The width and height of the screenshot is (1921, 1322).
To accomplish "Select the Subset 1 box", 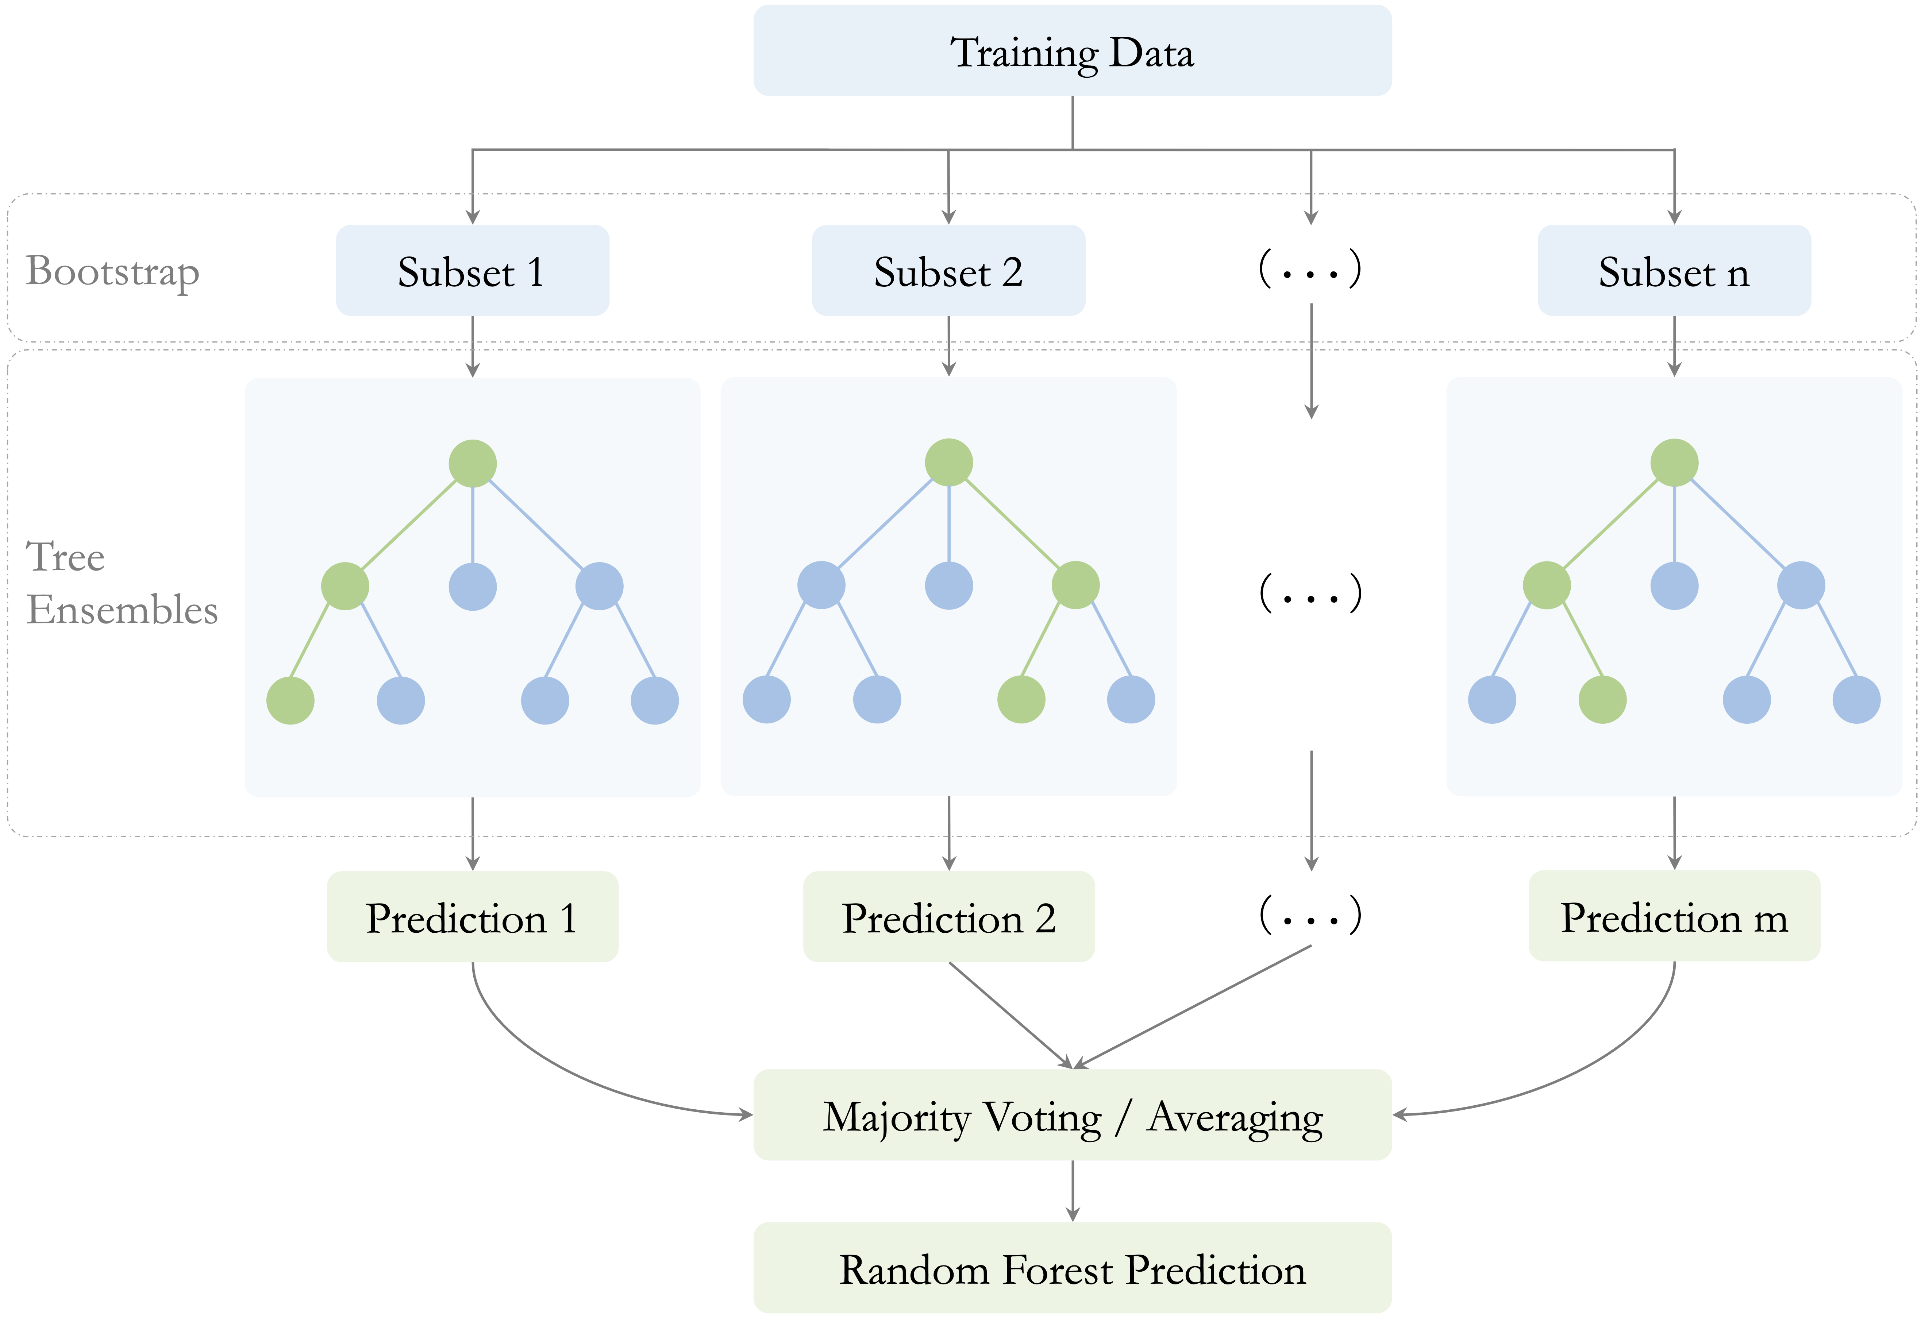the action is point(472,270).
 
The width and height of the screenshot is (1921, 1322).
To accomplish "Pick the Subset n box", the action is point(1674,270).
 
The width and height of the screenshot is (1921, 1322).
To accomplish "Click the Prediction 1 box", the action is point(472,916).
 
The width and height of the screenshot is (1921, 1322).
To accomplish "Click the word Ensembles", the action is point(122,610).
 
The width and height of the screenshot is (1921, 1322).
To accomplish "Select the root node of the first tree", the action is point(472,463).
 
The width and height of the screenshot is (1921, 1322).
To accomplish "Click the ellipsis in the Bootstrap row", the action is point(1310,268).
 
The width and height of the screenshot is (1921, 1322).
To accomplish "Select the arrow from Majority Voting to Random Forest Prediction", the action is point(1073,1190).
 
